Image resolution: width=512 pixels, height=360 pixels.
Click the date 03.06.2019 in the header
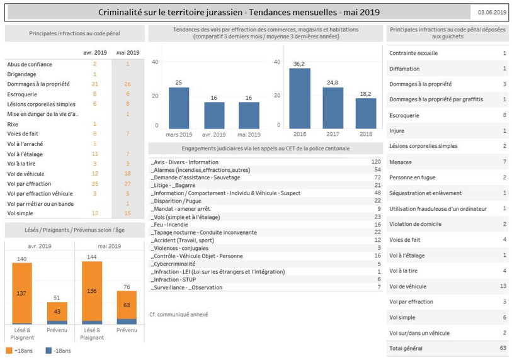pyautogui.click(x=492, y=13)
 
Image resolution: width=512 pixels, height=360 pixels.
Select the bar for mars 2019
pyautogui.click(x=179, y=108)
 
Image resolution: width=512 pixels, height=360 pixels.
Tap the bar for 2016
pyautogui.click(x=300, y=98)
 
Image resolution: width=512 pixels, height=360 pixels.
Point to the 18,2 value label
pyautogui.click(x=365, y=94)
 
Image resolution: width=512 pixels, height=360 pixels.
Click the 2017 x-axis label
pyautogui.click(x=333, y=134)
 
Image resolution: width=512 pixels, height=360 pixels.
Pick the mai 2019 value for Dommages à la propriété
pyautogui.click(x=127, y=84)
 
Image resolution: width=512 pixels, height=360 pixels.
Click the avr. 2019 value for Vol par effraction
pyautogui.click(x=94, y=184)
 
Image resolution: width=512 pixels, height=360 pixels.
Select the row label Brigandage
pyautogui.click(x=21, y=74)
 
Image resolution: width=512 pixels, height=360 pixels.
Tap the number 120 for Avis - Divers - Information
pyautogui.click(x=376, y=162)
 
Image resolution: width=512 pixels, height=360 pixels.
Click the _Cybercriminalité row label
pyautogui.click(x=173, y=264)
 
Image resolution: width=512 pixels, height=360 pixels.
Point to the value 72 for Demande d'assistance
pyautogui.click(x=377, y=177)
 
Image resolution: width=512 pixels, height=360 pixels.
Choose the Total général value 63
pyautogui.click(x=503, y=348)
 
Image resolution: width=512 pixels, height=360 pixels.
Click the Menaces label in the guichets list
pyautogui.click(x=401, y=162)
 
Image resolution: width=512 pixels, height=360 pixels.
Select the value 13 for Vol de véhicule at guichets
pyautogui.click(x=503, y=286)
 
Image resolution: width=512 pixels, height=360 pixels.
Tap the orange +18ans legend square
pyautogui.click(x=9, y=351)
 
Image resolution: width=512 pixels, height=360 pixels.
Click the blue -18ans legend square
pyautogui.click(x=48, y=351)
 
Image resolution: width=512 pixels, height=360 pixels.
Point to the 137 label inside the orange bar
pyautogui.click(x=21, y=293)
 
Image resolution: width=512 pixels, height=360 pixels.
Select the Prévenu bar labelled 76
pyautogui.click(x=127, y=307)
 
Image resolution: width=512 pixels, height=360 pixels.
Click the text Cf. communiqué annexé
pyautogui.click(x=179, y=315)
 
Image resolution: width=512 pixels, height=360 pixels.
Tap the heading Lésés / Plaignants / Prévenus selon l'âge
pyautogui.click(x=74, y=230)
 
